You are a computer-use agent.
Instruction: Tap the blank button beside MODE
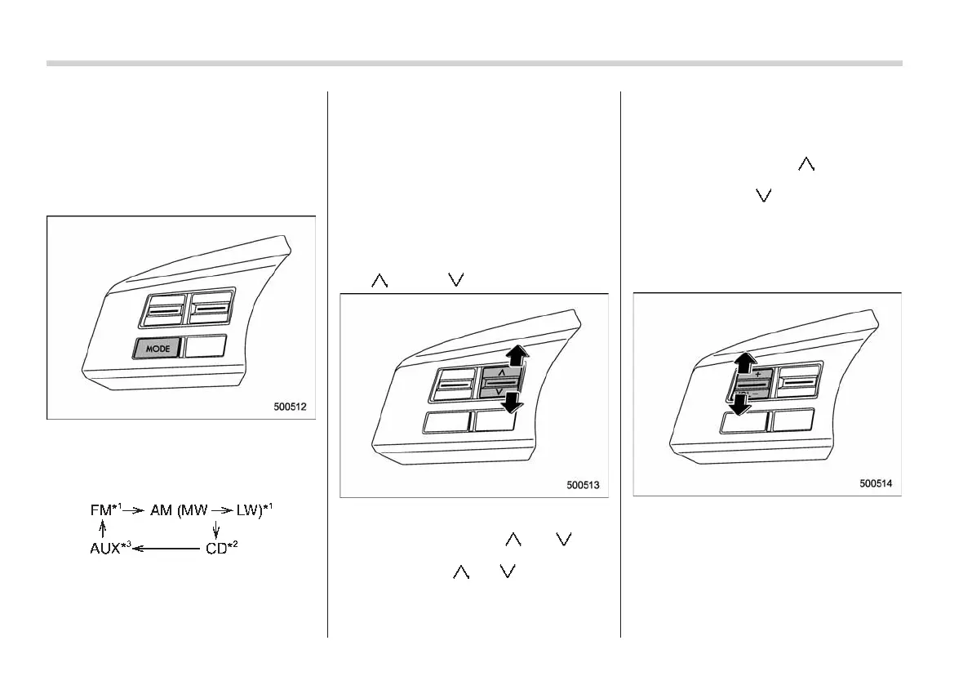[206, 347]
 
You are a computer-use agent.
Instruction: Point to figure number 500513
[583, 484]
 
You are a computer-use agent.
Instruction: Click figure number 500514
[875, 483]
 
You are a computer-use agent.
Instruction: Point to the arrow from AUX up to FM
[103, 529]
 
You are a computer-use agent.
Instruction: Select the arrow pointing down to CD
[215, 529]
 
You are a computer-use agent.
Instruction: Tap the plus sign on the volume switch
[758, 374]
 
